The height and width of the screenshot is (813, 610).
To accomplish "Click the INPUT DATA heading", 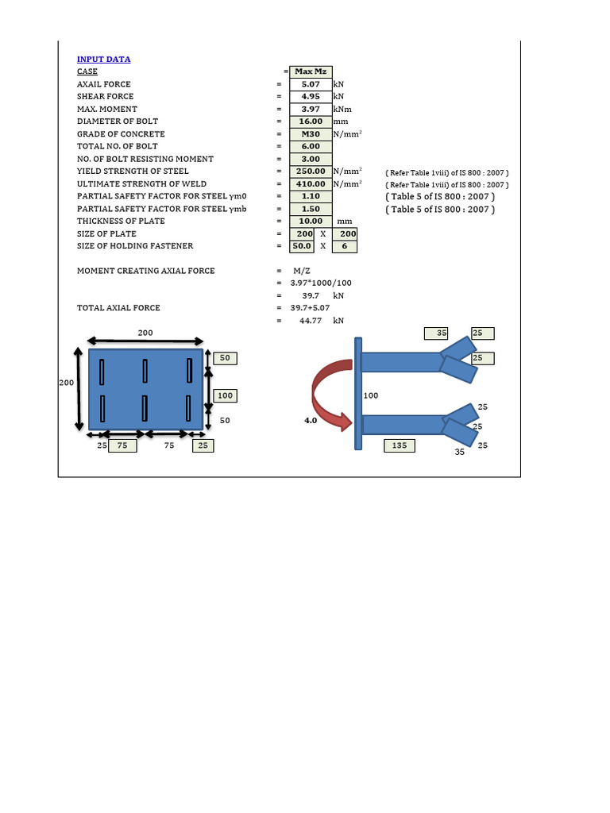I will (103, 60).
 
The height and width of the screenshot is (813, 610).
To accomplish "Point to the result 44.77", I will (311, 321).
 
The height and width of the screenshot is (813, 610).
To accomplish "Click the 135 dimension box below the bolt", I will (400, 446).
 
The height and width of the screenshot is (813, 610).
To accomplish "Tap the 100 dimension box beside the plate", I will (226, 395).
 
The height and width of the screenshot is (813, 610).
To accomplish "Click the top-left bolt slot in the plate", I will (102, 370).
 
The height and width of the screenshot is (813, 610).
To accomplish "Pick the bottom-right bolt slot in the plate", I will (190, 408).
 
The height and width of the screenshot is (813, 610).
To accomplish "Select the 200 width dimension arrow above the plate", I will (145, 341).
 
